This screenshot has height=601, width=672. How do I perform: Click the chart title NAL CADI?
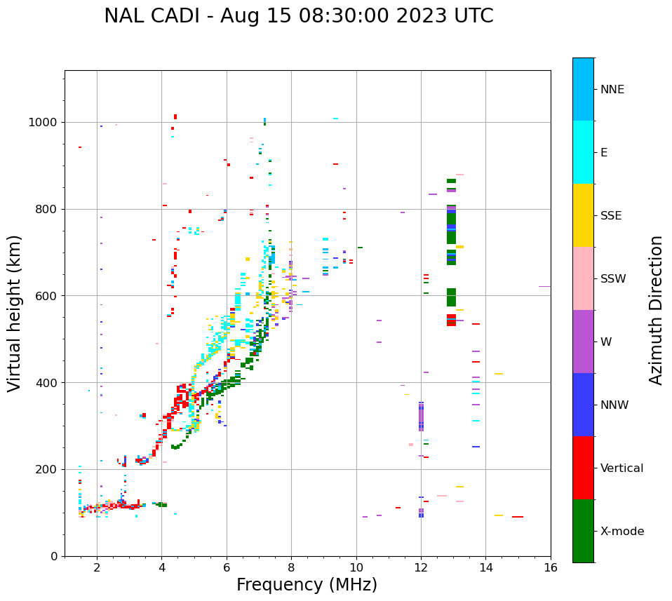298,16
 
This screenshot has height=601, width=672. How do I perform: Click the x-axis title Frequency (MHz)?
307,585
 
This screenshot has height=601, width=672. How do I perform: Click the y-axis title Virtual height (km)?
15,313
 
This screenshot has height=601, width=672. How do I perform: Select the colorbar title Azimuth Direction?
656,310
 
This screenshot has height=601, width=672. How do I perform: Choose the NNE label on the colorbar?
612,90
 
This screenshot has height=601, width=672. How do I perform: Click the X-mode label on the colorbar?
621,532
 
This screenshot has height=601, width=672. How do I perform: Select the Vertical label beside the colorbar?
621,468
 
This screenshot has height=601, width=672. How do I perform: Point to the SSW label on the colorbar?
613,279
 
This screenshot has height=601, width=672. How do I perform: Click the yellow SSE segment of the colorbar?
583,215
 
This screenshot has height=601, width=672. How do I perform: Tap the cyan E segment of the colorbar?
583,152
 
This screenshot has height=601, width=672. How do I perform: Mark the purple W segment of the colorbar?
583,342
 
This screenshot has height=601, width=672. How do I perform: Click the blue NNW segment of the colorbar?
583,405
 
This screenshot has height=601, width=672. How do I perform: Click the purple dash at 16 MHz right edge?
544,286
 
